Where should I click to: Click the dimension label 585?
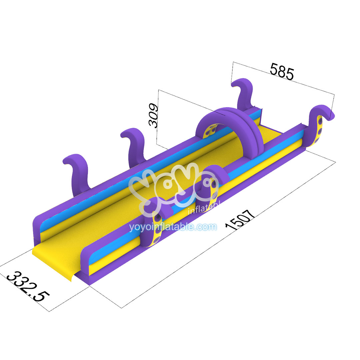[282, 71]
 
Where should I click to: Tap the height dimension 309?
[154, 116]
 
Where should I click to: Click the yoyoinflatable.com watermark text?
[173, 227]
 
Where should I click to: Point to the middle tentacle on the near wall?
[212, 187]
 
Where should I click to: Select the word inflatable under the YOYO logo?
[203, 210]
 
